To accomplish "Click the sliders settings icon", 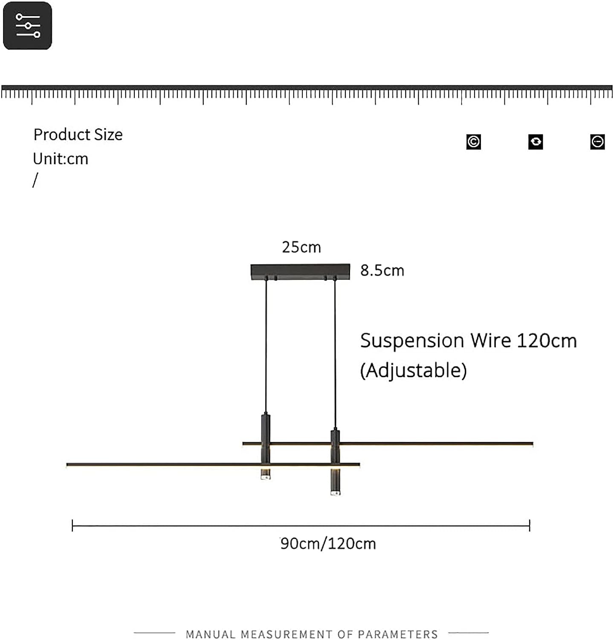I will [x=28, y=26].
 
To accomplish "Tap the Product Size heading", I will [x=78, y=135].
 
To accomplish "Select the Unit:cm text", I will [x=61, y=159].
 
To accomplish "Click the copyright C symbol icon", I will [x=473, y=142].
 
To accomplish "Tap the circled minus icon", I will [x=597, y=142].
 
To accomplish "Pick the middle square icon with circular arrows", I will [x=536, y=142].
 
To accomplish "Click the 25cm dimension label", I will [x=301, y=247].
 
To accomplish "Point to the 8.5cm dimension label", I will [x=382, y=271].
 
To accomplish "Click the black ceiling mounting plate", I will [x=300, y=271].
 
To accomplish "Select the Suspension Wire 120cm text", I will [x=468, y=341].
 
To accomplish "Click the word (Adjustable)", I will [x=413, y=370].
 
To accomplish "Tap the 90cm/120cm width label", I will [x=328, y=544].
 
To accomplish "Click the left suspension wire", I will [x=266, y=346].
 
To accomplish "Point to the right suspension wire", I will [x=335, y=354].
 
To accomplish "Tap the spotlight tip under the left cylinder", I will [x=265, y=475].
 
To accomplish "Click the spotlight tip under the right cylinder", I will [x=335, y=492].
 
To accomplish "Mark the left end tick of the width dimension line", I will [x=72, y=526].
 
